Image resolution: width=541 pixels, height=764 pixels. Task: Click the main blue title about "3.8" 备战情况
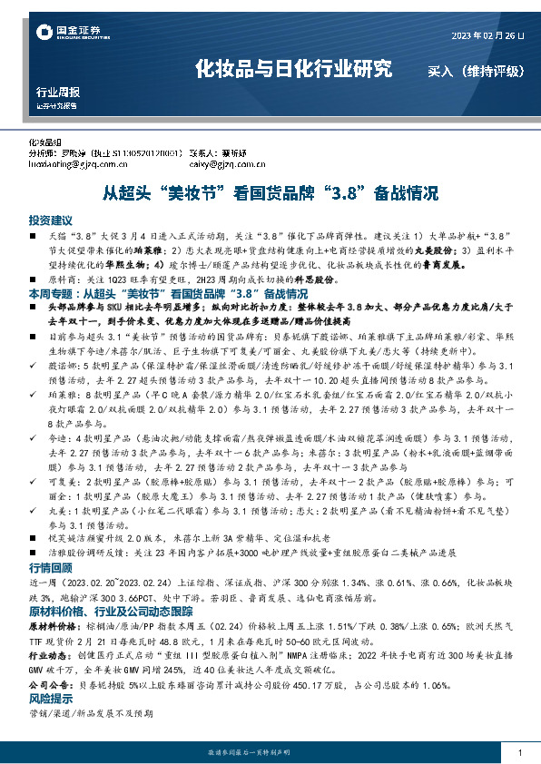tap(270, 193)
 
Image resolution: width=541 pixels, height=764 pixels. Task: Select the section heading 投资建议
tap(50, 220)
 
